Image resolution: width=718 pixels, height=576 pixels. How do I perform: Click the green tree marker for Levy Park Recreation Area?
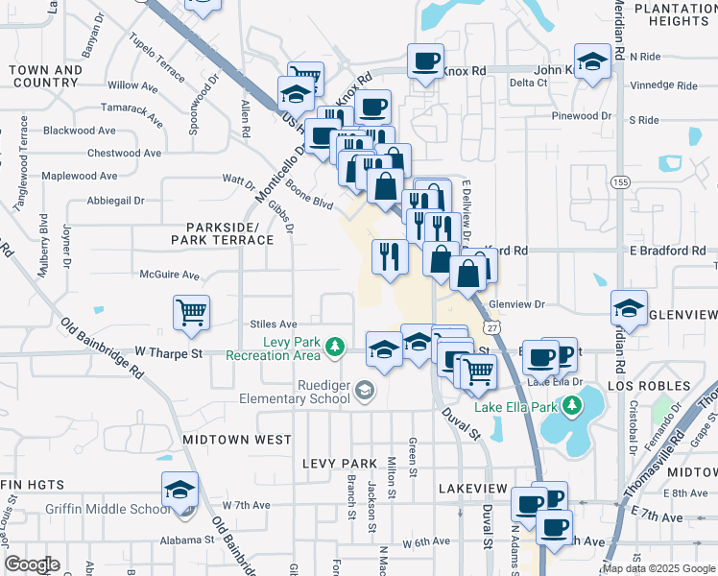(x=334, y=347)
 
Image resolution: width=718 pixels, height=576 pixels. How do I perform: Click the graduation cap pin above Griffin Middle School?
(x=179, y=490)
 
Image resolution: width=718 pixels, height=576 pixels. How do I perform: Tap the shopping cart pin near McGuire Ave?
(x=191, y=312)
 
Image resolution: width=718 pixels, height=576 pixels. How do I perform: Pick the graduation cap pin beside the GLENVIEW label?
(x=629, y=308)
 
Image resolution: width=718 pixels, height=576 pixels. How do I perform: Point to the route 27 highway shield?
(x=491, y=328)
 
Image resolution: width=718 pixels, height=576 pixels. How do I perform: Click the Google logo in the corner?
(x=32, y=564)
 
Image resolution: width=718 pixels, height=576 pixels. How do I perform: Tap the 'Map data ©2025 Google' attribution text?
(x=658, y=568)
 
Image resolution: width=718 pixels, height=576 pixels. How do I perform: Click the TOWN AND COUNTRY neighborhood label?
(x=46, y=77)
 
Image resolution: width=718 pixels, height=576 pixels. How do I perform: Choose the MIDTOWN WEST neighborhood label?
(x=236, y=439)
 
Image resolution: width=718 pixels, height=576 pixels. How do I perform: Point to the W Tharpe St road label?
(x=169, y=353)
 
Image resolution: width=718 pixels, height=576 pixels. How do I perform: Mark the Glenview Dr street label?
(x=516, y=304)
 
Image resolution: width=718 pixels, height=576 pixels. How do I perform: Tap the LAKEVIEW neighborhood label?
(x=471, y=489)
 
